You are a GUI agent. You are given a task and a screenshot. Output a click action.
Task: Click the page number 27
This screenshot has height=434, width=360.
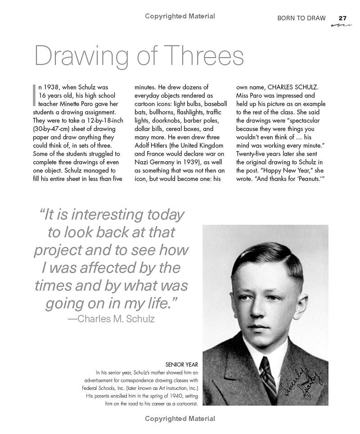click(342, 18)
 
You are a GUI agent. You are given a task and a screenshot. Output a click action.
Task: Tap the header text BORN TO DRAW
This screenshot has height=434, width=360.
click(301, 18)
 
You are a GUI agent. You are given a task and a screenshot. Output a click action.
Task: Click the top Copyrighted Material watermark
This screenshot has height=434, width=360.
click(180, 16)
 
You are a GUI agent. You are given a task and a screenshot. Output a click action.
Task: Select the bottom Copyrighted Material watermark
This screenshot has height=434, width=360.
click(180, 419)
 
